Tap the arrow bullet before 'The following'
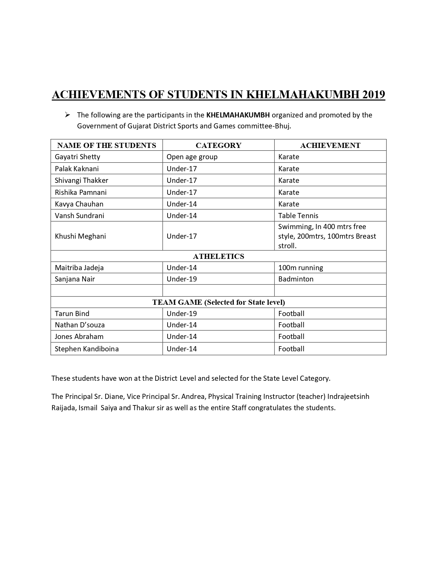pyautogui.click(x=68, y=114)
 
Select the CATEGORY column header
pyautogui.click(x=218, y=145)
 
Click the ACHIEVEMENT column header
pyautogui.click(x=330, y=145)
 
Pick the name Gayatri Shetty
pyautogui.click(x=77, y=157)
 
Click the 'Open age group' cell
pyautogui.click(x=192, y=157)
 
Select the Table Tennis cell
pyautogui.click(x=298, y=215)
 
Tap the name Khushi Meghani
pyautogui.click(x=80, y=236)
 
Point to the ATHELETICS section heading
pyautogui.click(x=218, y=256)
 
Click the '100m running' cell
pyautogui.click(x=301, y=268)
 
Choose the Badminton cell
pyautogui.click(x=296, y=279)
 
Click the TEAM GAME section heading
pyautogui.click(x=218, y=302)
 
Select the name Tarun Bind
pyautogui.click(x=72, y=314)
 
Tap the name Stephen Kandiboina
pyautogui.click(x=87, y=349)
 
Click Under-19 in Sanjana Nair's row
pyautogui.click(x=182, y=279)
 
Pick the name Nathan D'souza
pyautogui.click(x=80, y=325)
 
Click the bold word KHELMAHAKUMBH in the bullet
pyautogui.click(x=238, y=115)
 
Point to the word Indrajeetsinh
pyautogui.click(x=348, y=397)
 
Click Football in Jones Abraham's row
pyautogui.click(x=291, y=337)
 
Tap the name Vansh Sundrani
pyautogui.click(x=80, y=215)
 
